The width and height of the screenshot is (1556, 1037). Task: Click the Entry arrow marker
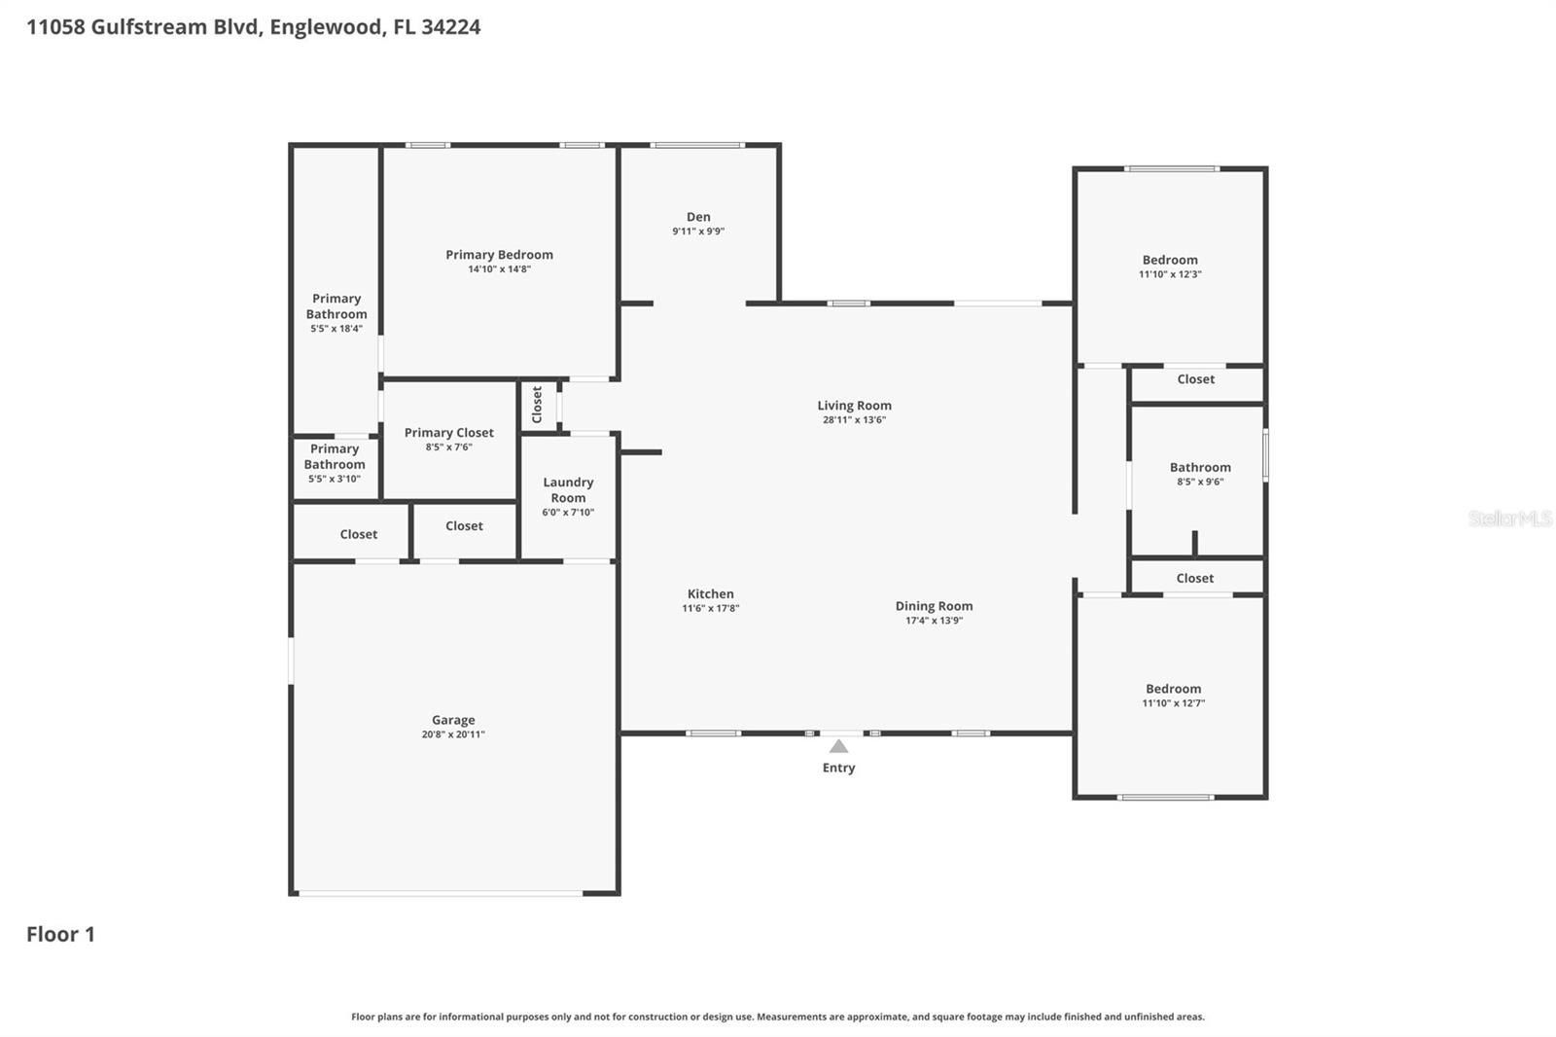(x=838, y=746)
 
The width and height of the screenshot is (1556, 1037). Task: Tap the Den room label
(x=698, y=217)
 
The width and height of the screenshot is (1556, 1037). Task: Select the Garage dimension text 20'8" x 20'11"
(x=453, y=734)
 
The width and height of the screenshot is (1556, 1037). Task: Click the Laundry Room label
(x=568, y=489)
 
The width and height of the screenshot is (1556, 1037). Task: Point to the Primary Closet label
(x=448, y=433)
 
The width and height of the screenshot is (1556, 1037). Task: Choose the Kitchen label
(x=710, y=593)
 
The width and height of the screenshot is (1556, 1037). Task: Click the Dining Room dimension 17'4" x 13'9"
(x=934, y=621)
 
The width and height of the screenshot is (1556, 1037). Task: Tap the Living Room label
(x=854, y=406)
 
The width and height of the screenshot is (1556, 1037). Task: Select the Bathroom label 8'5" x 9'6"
(x=1200, y=468)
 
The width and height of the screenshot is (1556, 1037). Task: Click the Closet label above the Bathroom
(x=1195, y=379)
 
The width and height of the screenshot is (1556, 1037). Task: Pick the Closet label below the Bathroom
(x=1194, y=578)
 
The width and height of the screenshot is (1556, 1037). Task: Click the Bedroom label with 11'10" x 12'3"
(x=1170, y=260)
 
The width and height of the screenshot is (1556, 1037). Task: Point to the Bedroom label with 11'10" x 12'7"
(x=1173, y=689)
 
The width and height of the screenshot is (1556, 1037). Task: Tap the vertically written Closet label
(x=537, y=405)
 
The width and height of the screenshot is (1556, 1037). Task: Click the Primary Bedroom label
(x=499, y=255)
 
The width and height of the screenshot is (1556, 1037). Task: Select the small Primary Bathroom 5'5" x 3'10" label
(x=335, y=456)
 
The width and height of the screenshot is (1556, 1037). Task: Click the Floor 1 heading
(x=60, y=934)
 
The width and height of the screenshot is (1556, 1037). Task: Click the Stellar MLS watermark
(x=1509, y=518)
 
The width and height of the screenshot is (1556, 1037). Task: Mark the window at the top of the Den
(x=697, y=145)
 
